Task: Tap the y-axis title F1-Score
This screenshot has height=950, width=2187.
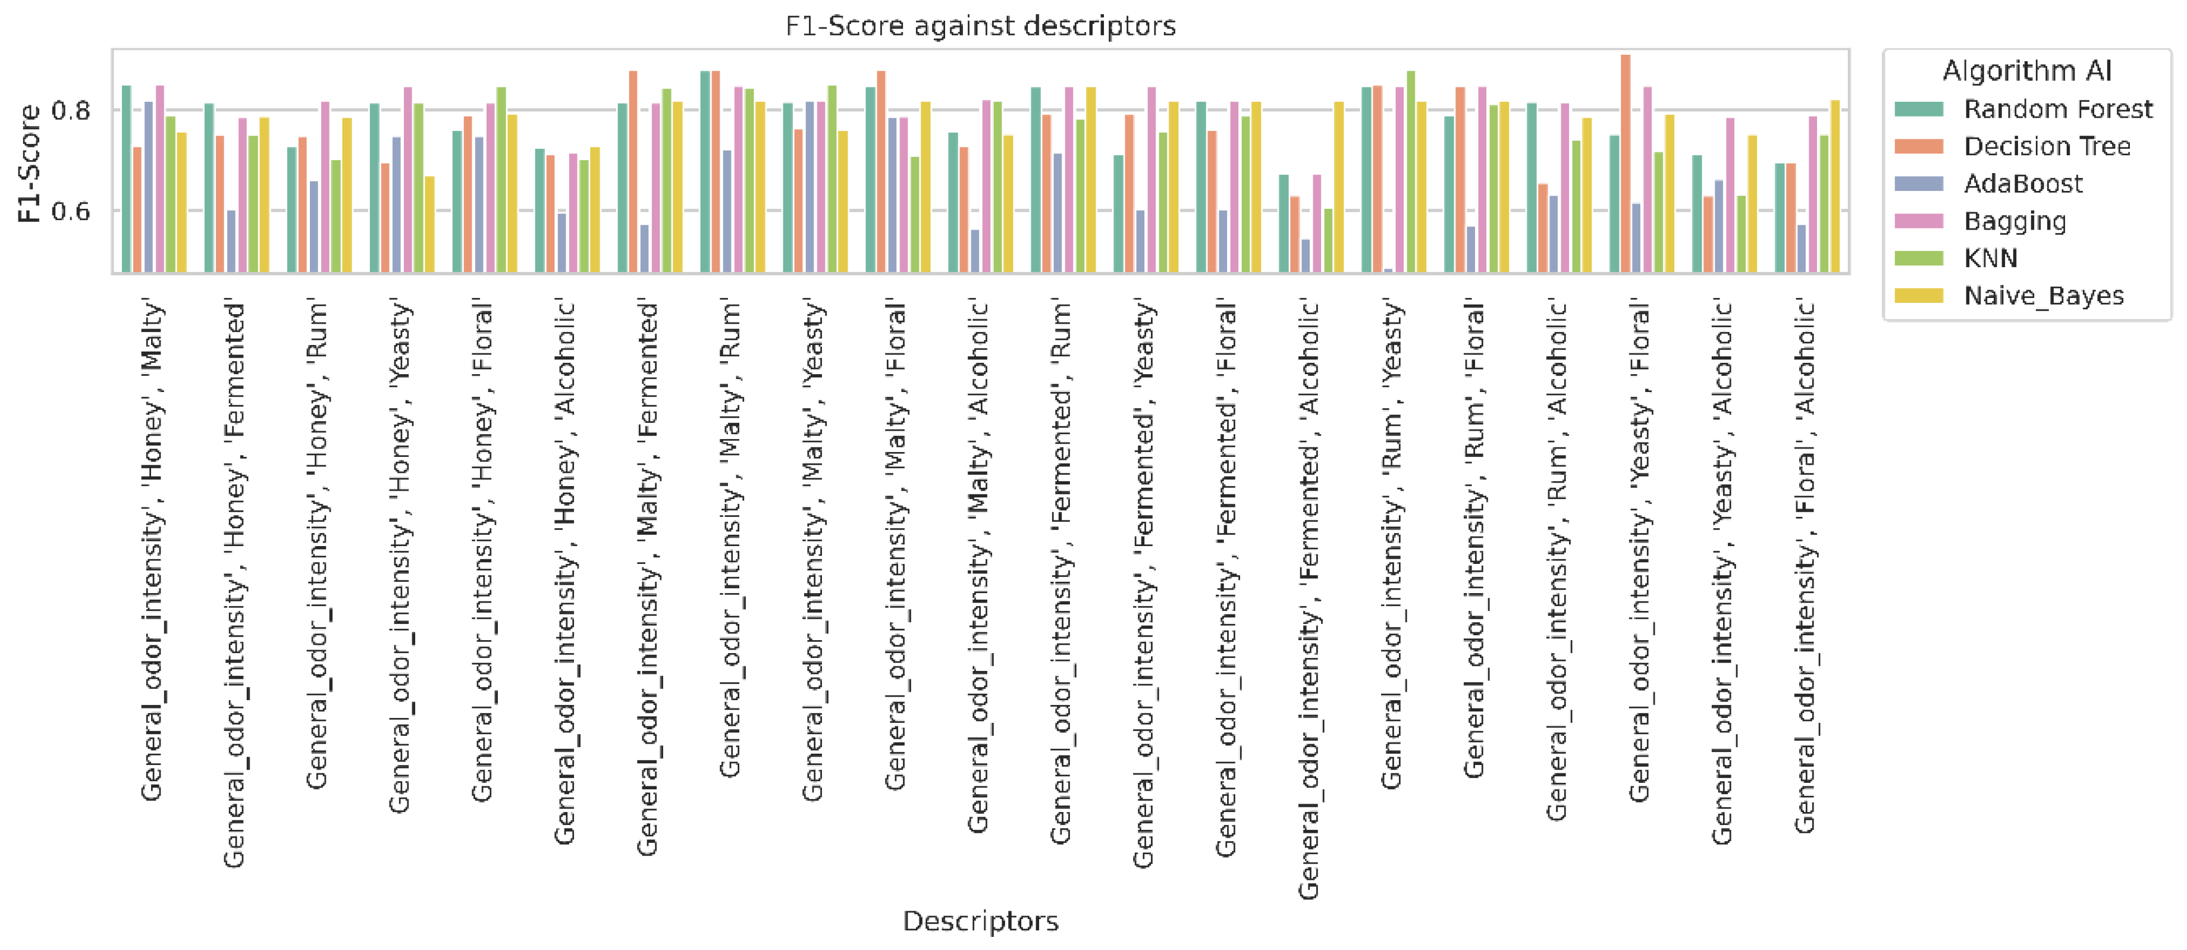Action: click(29, 164)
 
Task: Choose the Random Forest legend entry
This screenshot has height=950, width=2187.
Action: click(2057, 109)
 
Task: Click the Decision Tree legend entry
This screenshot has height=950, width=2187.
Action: click(2046, 147)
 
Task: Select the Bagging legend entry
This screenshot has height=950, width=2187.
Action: click(2015, 221)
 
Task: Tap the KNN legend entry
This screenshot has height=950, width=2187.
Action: click(1990, 258)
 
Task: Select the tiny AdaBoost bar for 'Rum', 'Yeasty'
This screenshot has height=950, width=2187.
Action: click(1388, 271)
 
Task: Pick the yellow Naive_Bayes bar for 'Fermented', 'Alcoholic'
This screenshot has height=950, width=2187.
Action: click(1339, 187)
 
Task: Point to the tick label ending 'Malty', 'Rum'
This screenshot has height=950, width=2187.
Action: click(730, 538)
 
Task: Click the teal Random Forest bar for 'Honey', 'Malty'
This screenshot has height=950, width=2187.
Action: click(127, 178)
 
